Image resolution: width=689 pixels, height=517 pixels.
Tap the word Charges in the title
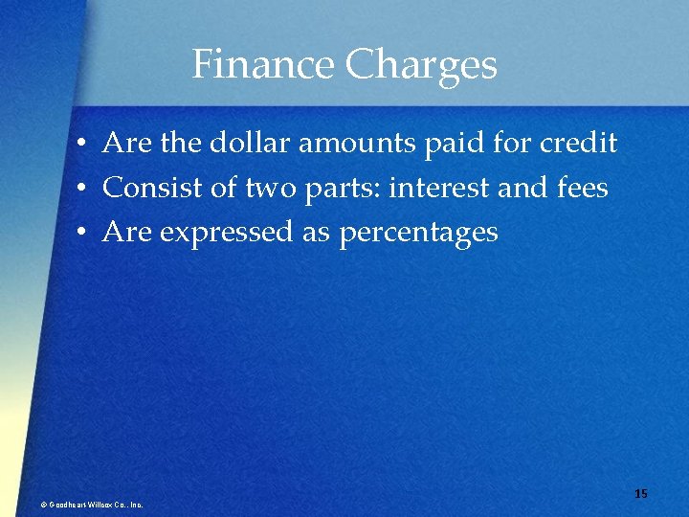pyautogui.click(x=421, y=65)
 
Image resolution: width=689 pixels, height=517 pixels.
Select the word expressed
pyautogui.click(x=229, y=232)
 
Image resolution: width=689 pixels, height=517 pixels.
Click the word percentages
pyautogui.click(x=418, y=233)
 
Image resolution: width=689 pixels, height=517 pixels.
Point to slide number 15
pyautogui.click(x=640, y=493)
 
